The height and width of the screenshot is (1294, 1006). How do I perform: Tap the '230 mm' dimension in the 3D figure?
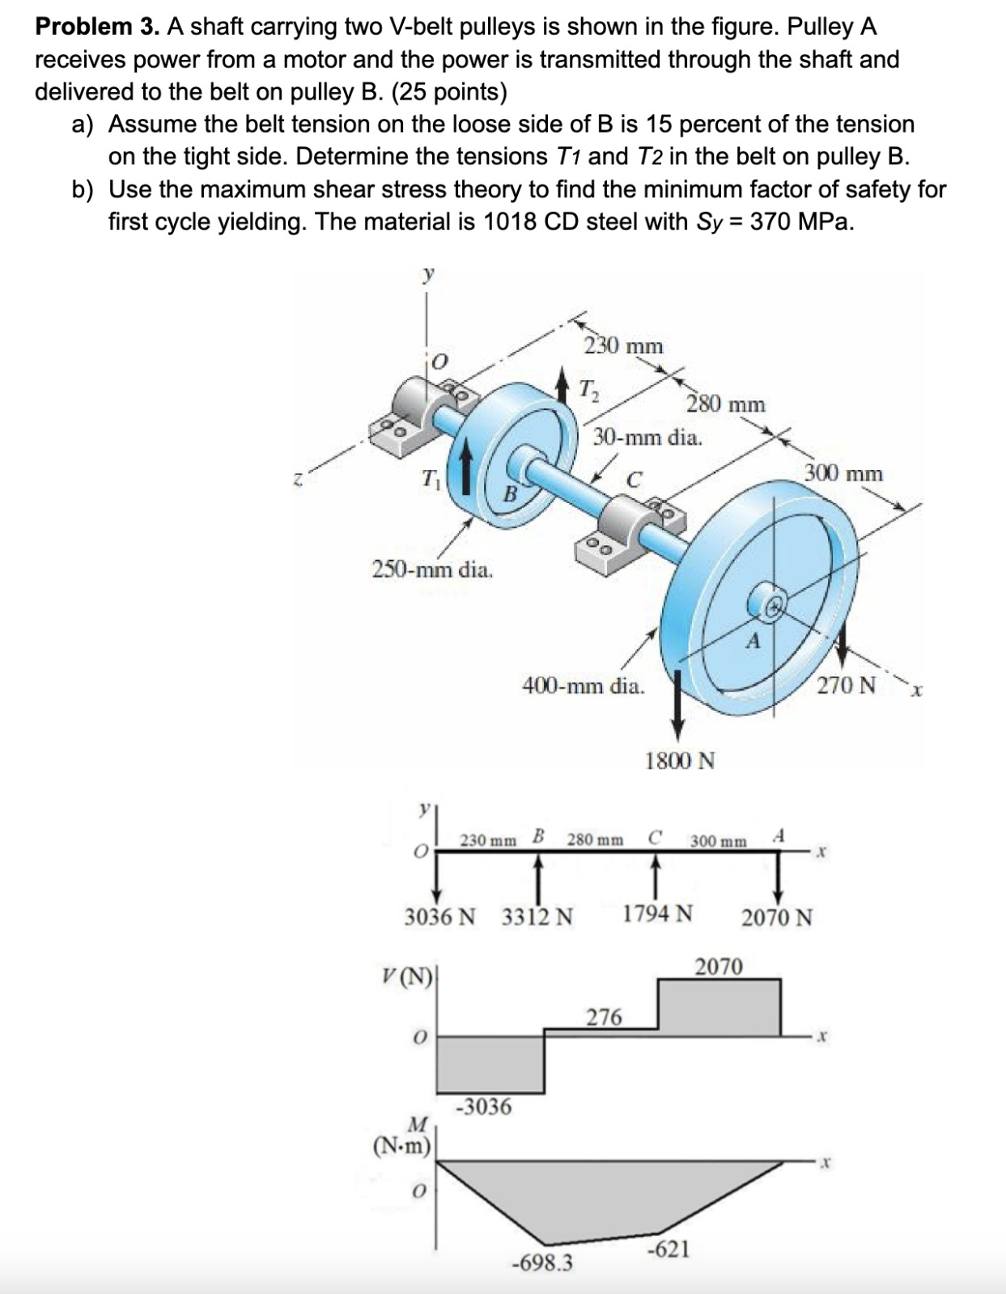click(x=623, y=346)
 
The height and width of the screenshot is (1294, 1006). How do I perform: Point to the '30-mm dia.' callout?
click(x=647, y=438)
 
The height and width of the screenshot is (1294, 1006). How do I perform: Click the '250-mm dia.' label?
click(x=432, y=569)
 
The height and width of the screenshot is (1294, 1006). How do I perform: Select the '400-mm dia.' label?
click(x=584, y=687)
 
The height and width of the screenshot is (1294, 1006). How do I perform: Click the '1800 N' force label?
click(x=679, y=760)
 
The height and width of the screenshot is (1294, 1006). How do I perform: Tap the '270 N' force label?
click(x=846, y=686)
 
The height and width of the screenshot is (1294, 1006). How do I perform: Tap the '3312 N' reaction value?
click(x=537, y=917)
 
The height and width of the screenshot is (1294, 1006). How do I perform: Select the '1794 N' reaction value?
click(x=657, y=915)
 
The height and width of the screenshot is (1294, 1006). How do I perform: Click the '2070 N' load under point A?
click(x=777, y=918)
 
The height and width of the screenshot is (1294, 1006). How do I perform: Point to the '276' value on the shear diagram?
click(x=604, y=1017)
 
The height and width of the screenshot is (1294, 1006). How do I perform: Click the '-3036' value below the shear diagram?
click(x=484, y=1106)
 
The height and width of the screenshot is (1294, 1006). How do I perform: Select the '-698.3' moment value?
click(x=542, y=1262)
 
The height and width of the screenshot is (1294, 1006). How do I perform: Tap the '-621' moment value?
click(x=669, y=1250)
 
